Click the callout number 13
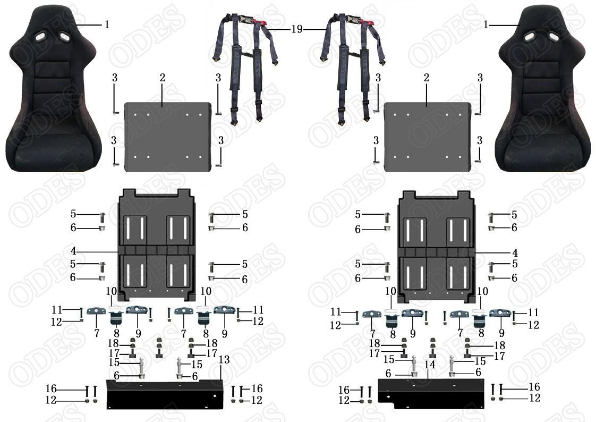coord(224,359)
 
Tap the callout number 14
coord(430,365)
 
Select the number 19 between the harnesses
coord(297,29)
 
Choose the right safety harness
coord(352,69)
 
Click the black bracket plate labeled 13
coord(165,394)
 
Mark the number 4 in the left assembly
coord(73,251)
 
